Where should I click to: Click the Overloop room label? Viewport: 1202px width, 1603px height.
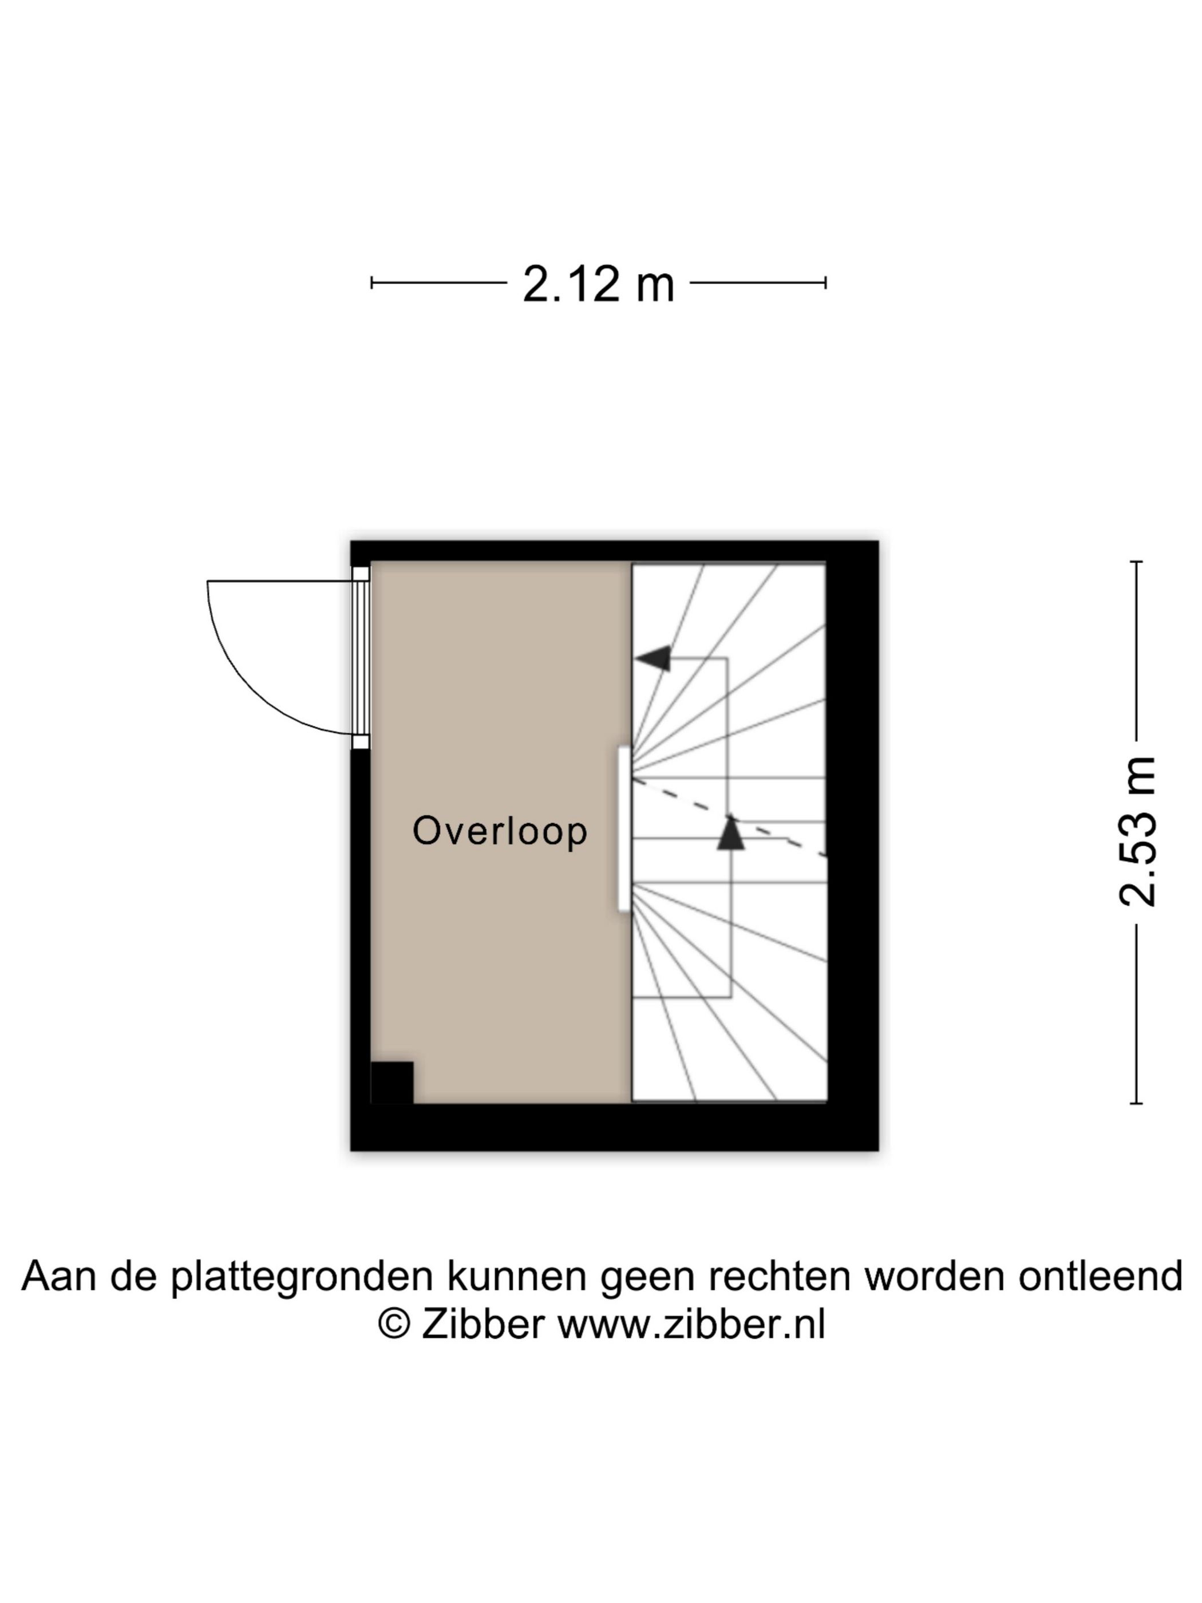click(499, 831)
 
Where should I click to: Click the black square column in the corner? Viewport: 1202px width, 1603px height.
click(392, 1083)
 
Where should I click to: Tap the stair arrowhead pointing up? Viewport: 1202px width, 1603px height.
click(730, 832)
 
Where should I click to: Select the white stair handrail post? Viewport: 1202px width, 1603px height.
click(624, 829)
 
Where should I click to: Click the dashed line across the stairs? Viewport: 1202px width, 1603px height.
click(729, 818)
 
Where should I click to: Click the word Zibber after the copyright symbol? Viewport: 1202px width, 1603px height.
click(483, 1325)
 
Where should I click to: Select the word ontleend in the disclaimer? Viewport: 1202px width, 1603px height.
click(1100, 1276)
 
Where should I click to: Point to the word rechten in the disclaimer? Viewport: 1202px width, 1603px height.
click(780, 1276)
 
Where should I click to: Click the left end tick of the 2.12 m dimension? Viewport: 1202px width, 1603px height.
click(371, 283)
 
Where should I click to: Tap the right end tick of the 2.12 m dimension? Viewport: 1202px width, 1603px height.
click(825, 283)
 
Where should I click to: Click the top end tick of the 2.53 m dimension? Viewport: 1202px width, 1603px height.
click(1136, 562)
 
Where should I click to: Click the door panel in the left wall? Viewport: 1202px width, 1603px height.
click(361, 657)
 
